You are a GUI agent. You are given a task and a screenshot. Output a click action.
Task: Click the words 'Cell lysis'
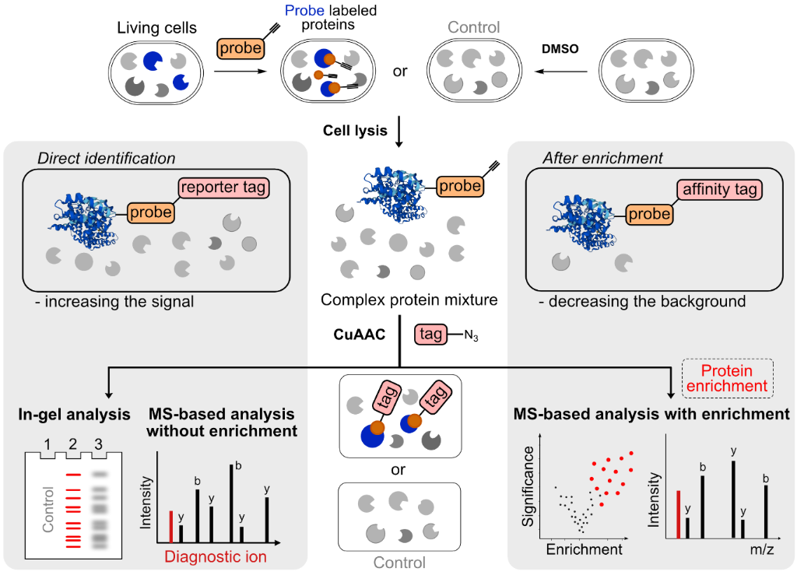(355, 130)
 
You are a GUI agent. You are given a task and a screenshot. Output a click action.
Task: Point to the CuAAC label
(355, 334)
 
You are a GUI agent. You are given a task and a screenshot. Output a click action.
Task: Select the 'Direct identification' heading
(107, 159)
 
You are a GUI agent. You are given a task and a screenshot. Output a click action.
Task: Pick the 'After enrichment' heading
(602, 159)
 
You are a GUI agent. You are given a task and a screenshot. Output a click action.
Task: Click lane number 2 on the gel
(72, 446)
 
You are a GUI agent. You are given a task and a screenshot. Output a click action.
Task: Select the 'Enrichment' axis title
(584, 549)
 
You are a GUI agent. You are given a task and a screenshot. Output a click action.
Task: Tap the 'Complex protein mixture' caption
(399, 300)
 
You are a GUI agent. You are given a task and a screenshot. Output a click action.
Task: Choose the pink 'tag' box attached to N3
(432, 334)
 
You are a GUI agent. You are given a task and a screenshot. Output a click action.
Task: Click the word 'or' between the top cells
(401, 71)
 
